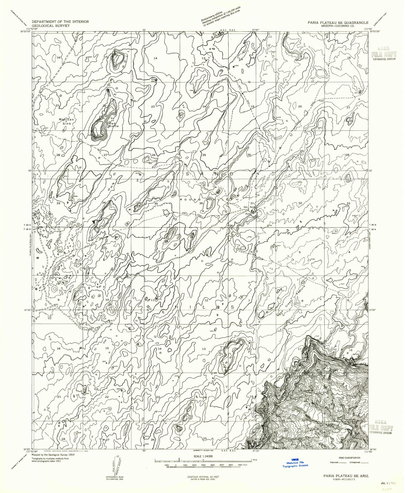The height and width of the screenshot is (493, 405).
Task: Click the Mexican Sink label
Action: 66,121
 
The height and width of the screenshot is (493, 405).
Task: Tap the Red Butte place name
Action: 114,124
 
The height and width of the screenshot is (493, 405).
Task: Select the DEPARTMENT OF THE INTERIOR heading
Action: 60,21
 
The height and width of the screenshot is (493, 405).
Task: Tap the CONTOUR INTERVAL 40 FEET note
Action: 203,476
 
